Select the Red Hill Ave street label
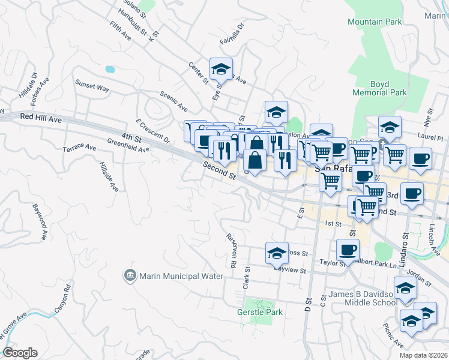41,119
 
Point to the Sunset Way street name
92,88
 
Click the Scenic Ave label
173,101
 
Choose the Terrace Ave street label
80,147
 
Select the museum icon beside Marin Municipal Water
130,275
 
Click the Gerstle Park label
260,312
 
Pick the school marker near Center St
221,69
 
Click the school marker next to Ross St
276,253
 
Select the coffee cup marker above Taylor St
348,248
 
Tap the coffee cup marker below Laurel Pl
420,158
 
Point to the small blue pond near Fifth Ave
110,69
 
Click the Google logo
20,353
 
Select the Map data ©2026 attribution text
423,355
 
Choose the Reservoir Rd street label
232,250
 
